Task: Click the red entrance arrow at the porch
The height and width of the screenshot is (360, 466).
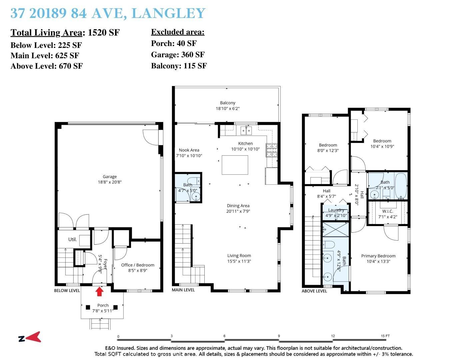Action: (99, 292)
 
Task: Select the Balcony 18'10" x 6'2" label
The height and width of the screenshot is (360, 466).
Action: (228, 106)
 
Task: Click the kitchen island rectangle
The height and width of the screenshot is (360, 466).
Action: (235, 165)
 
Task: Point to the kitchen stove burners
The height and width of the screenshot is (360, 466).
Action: (271, 150)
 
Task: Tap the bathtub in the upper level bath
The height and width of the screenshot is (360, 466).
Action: (401, 186)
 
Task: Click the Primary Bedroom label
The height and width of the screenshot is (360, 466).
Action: (378, 259)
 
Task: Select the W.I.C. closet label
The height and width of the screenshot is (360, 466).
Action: (388, 214)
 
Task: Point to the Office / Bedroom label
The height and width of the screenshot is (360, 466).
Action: (138, 268)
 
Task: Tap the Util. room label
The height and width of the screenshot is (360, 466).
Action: (72, 239)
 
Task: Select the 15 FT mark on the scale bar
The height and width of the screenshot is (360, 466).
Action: (385, 336)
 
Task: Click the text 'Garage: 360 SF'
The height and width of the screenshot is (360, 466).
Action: (178, 55)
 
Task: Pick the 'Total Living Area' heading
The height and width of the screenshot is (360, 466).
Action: (46, 33)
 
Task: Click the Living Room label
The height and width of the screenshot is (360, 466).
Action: (239, 258)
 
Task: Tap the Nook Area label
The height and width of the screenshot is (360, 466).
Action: (189, 153)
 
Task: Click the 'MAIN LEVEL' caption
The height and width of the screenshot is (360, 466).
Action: (183, 290)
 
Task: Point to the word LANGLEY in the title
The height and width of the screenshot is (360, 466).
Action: (168, 13)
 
